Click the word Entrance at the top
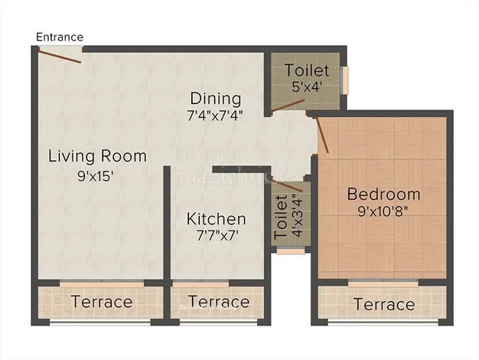click(x=60, y=37)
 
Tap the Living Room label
click(x=97, y=156)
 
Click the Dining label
click(x=216, y=99)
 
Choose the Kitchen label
click(x=217, y=219)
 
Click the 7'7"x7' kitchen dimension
click(x=217, y=237)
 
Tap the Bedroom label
click(x=383, y=194)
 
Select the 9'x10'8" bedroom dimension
click(x=383, y=211)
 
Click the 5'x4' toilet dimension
click(x=306, y=87)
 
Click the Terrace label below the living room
click(x=102, y=302)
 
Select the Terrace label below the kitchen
click(x=219, y=302)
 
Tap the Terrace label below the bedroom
click(x=384, y=305)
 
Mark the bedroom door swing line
click(x=322, y=134)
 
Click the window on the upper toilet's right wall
click(x=345, y=79)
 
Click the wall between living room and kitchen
click(x=166, y=222)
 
